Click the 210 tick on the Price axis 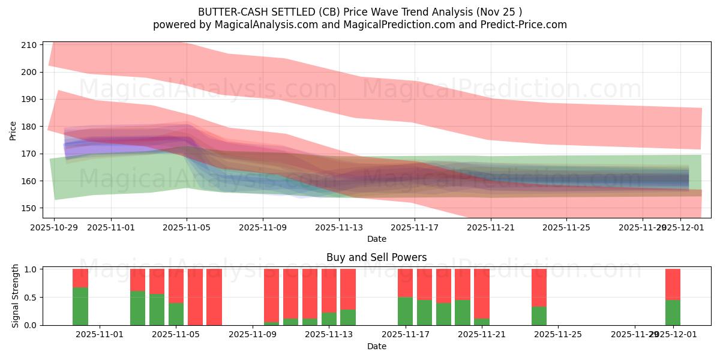coord(30,45)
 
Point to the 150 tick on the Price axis coord(30,208)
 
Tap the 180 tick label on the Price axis coord(30,127)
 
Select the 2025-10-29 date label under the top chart coord(55,227)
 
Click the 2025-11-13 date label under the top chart coord(339,227)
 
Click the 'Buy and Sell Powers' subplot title coord(376,257)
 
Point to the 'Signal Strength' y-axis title coord(16,296)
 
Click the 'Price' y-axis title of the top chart coord(13,130)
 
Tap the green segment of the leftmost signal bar coord(80,306)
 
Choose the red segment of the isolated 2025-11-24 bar coord(539,287)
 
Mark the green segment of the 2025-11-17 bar coord(406,311)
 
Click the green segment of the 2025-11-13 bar coord(329,319)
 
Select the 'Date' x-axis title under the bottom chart coord(376,346)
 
